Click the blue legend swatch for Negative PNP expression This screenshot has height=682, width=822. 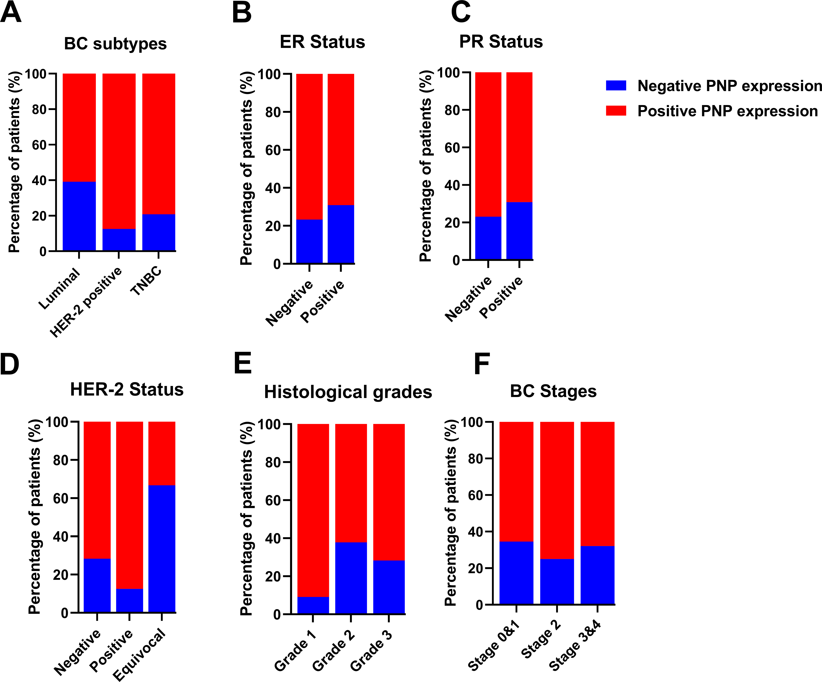(616, 85)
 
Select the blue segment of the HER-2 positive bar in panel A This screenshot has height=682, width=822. (119, 240)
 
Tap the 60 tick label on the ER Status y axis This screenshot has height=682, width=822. (273, 150)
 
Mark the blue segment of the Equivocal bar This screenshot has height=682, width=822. (162, 548)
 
